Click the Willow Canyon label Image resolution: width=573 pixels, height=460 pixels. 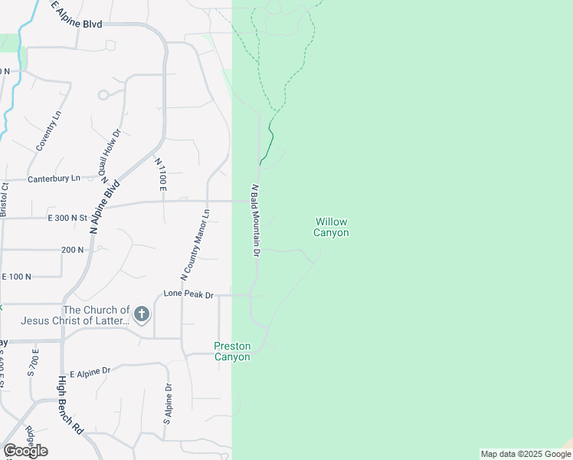pos(332,227)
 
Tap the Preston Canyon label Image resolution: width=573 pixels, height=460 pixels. pos(231,352)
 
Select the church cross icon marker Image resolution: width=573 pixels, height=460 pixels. pos(141,314)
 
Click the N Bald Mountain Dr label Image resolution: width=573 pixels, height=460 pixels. pos(256,221)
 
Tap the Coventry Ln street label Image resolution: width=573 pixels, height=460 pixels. pos(47,130)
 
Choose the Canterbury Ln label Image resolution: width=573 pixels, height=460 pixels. pos(54,179)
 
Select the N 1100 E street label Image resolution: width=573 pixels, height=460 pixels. pos(161,175)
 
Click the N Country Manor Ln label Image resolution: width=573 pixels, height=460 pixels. pos(195,244)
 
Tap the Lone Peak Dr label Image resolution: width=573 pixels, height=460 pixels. pos(188,294)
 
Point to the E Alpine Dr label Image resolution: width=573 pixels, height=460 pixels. pos(90,371)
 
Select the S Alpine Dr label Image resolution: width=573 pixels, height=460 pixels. pos(166,404)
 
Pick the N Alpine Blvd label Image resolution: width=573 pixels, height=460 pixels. pos(105,207)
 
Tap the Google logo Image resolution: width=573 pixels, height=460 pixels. pos(25,451)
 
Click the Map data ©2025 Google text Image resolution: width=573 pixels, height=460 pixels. pos(525,454)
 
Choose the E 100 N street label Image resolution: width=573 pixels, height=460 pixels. pos(16,276)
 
